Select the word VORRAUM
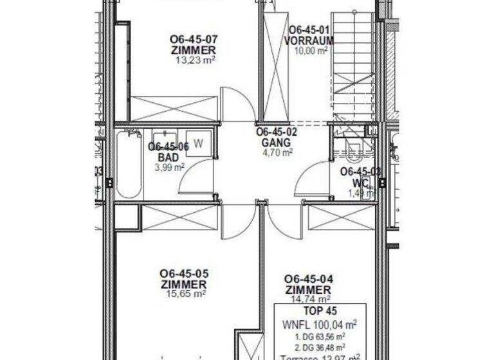tap(309, 40)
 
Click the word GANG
tap(277, 142)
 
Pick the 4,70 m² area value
tap(277, 152)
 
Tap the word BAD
tap(168, 157)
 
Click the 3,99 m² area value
tap(169, 167)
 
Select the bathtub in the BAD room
tap(129, 164)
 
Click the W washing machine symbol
tap(199, 143)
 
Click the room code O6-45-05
tap(184, 273)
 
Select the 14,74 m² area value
tap(309, 298)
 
